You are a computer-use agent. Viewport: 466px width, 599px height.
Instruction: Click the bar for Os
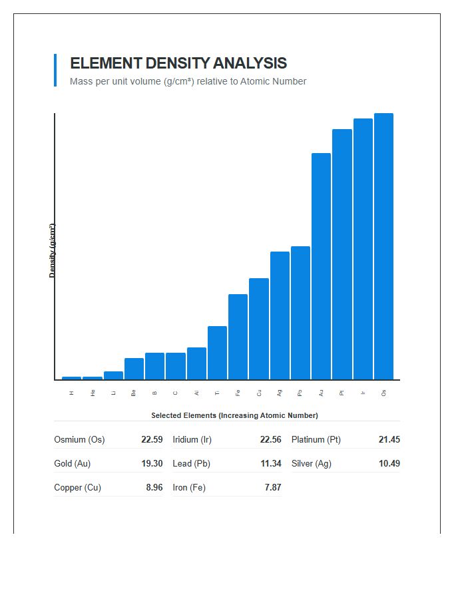coord(383,246)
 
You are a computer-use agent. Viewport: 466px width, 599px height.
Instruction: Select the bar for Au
coord(321,266)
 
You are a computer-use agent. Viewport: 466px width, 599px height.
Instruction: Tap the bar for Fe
coord(238,337)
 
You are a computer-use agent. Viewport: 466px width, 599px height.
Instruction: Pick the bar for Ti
coord(217,353)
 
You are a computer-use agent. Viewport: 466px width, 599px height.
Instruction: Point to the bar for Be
coord(134,369)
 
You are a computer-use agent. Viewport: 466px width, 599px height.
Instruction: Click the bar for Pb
coord(300,313)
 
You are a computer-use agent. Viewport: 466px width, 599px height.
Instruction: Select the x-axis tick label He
coord(93,393)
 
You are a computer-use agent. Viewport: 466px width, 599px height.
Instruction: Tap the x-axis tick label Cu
coord(259,393)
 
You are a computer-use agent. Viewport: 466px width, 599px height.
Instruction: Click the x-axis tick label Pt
coord(342,393)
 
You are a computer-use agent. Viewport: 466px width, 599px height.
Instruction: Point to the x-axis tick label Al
coord(196,393)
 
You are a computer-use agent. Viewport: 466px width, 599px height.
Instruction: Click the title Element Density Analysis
coord(178,63)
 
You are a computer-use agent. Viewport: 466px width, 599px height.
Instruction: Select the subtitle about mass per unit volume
coord(188,81)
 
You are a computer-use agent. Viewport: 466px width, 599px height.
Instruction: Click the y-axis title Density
coord(52,250)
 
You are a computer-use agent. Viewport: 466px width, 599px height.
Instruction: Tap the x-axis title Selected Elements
coord(234,415)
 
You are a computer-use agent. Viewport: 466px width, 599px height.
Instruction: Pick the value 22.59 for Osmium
coord(152,440)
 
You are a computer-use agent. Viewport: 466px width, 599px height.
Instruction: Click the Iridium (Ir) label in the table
coord(192,440)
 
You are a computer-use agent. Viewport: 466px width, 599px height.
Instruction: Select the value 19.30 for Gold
coord(152,464)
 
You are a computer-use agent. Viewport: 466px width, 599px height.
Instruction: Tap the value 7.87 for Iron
coord(272,488)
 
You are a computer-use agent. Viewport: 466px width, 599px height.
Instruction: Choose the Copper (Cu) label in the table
coord(77,488)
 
